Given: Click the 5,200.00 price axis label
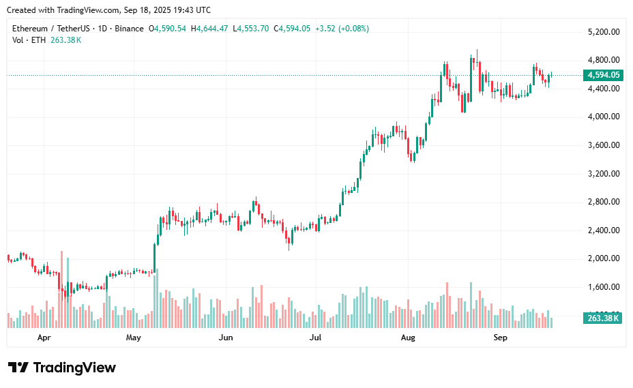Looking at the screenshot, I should [x=603, y=32].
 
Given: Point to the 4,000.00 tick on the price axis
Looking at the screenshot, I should [x=603, y=117].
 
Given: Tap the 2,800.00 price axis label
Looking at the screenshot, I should [x=603, y=202].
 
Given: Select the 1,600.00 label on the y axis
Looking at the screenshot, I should [x=603, y=287].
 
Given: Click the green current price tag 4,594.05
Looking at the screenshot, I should [x=603, y=75].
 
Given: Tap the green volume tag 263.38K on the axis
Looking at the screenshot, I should [x=603, y=318].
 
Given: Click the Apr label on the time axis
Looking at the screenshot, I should [x=44, y=338].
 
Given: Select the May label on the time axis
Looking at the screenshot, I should [x=133, y=338].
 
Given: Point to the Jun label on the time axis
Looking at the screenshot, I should [x=226, y=338].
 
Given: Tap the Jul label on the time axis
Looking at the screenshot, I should [x=315, y=338].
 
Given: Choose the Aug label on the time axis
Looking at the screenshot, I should [x=408, y=338].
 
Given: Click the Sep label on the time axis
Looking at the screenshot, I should [x=500, y=338].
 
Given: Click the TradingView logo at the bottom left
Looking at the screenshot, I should [x=62, y=368].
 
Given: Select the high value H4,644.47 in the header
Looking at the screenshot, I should [x=210, y=29].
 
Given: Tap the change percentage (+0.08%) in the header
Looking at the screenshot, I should [x=353, y=29].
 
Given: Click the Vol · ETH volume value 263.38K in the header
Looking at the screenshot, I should [x=66, y=40].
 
